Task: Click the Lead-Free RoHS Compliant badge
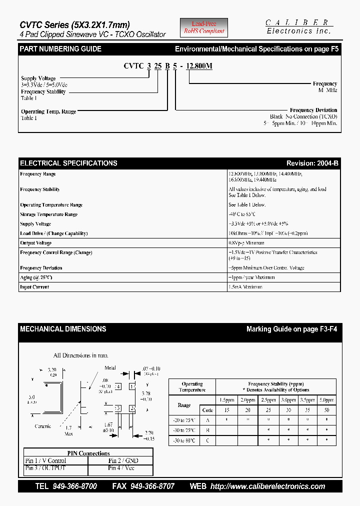(x=203, y=27)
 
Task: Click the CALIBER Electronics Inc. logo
(x=298, y=26)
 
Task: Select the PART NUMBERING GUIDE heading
(x=60, y=49)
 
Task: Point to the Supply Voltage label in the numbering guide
(x=38, y=78)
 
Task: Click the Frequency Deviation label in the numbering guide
(x=313, y=110)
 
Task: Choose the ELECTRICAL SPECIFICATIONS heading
(x=68, y=163)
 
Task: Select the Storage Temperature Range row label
(x=49, y=214)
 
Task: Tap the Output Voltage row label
(x=36, y=243)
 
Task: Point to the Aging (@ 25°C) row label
(x=36, y=277)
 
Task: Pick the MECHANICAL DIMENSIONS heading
(x=63, y=329)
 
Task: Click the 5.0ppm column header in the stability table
(x=326, y=400)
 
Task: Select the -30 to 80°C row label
(x=183, y=440)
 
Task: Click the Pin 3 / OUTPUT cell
(x=45, y=468)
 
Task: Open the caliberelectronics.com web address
(x=267, y=486)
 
